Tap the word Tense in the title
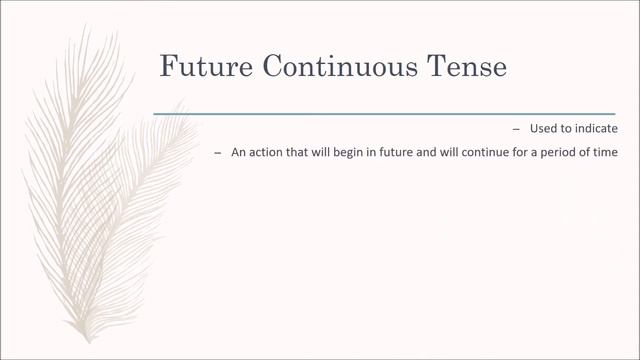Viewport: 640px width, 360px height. coord(471,67)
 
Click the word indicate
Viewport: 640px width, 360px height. coord(596,130)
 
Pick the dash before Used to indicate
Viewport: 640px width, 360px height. coord(516,130)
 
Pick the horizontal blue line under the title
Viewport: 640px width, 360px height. coord(384,114)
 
